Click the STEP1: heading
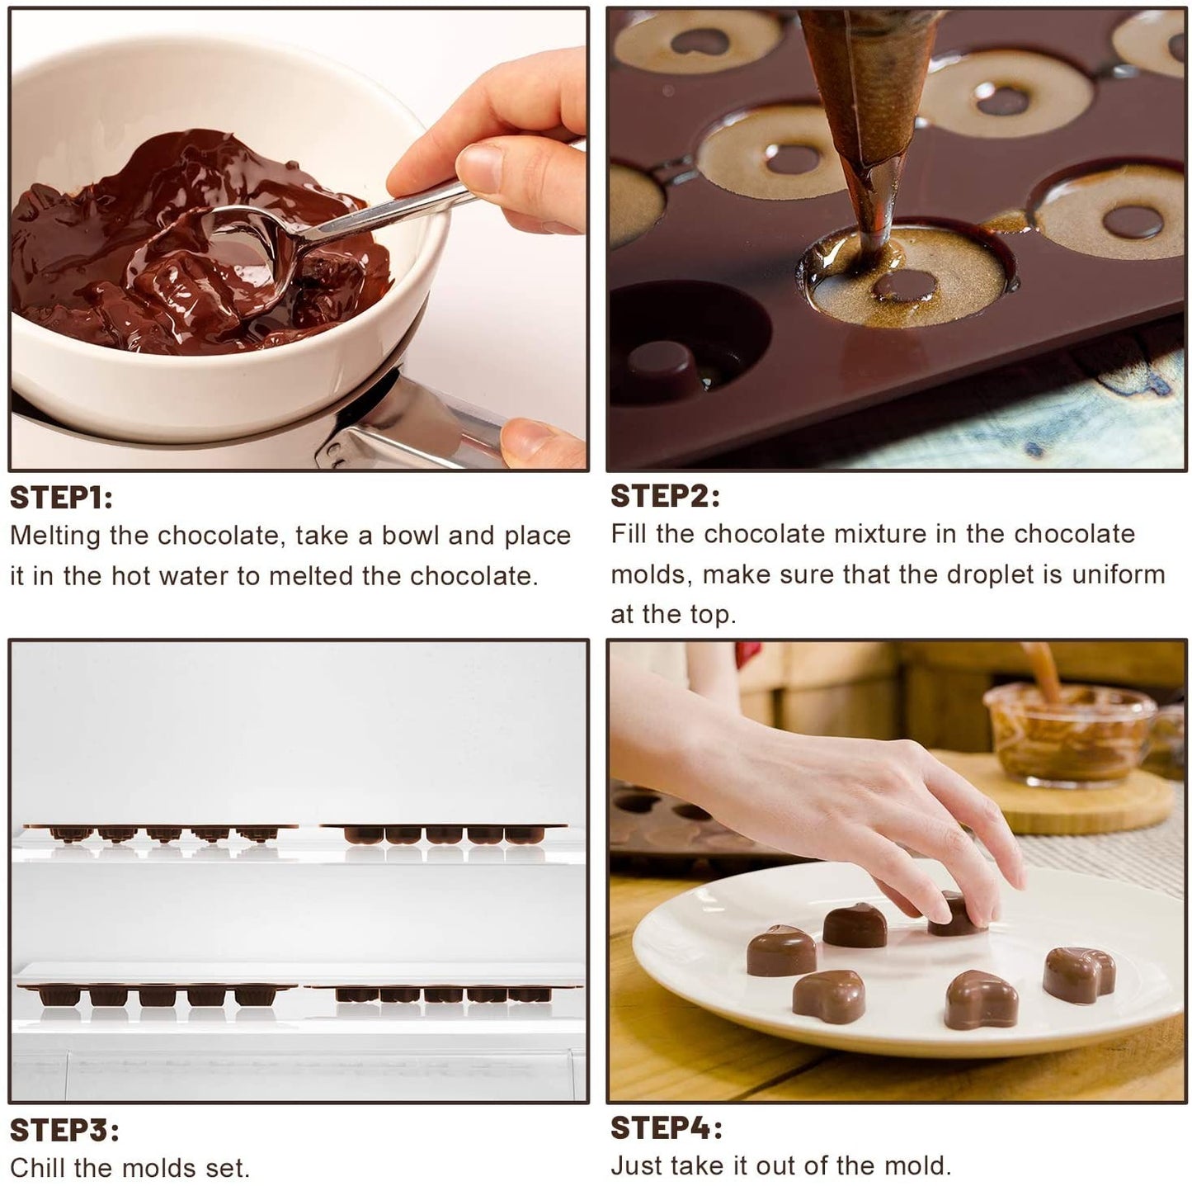click(x=61, y=498)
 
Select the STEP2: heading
click(x=665, y=496)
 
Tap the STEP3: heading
click(x=64, y=1130)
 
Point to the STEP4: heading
click(x=667, y=1127)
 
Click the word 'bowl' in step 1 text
click(x=407, y=536)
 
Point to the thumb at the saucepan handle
click(x=540, y=443)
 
